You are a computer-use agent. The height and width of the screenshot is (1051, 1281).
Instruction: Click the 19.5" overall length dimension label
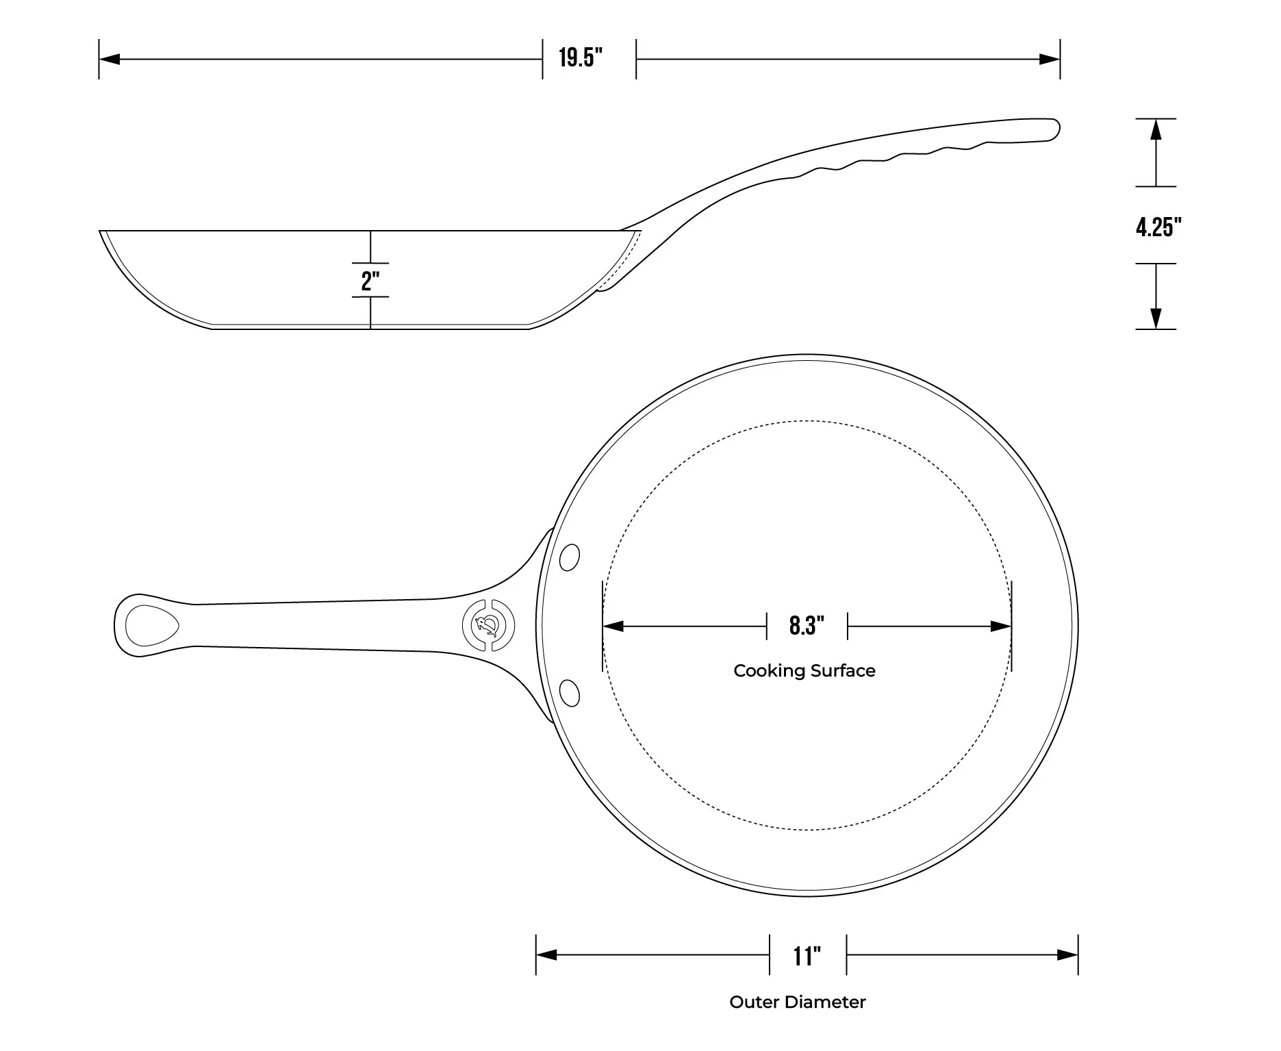pyautogui.click(x=581, y=58)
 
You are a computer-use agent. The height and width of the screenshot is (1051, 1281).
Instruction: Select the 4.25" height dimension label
pyautogui.click(x=1158, y=227)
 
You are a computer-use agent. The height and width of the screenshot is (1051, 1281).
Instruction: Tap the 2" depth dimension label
pyautogui.click(x=370, y=280)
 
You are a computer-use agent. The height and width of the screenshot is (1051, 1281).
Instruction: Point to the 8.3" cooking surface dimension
pyautogui.click(x=807, y=625)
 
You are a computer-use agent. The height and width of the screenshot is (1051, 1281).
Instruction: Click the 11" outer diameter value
pyautogui.click(x=807, y=955)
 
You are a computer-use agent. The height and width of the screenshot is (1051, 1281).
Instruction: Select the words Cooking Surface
pyautogui.click(x=804, y=670)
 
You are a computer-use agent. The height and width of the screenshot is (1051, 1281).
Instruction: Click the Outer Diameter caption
pyautogui.click(x=797, y=1002)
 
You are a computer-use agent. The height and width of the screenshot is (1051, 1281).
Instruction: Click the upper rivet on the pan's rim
pyautogui.click(x=569, y=557)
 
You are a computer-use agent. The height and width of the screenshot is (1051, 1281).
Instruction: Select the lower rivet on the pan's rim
pyautogui.click(x=569, y=692)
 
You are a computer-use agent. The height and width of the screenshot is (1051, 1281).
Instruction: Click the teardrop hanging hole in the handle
pyautogui.click(x=151, y=625)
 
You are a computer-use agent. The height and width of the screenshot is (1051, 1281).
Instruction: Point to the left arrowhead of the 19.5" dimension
pyautogui.click(x=110, y=60)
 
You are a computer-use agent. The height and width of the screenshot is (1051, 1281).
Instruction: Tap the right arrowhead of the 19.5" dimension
pyautogui.click(x=1050, y=60)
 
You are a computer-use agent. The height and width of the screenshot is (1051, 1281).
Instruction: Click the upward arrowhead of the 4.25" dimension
pyautogui.click(x=1156, y=129)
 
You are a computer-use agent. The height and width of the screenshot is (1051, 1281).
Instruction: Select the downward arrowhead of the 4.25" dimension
pyautogui.click(x=1156, y=318)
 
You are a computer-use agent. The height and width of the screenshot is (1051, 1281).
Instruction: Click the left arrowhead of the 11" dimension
pyautogui.click(x=546, y=954)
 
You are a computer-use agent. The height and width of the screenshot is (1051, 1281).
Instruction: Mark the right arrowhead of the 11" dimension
pyautogui.click(x=1068, y=954)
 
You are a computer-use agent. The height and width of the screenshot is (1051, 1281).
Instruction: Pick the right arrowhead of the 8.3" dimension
pyautogui.click(x=1001, y=626)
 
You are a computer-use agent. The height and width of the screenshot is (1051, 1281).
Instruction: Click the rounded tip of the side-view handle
pyautogui.click(x=1055, y=129)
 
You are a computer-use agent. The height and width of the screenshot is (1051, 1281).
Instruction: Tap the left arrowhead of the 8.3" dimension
pyautogui.click(x=613, y=626)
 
